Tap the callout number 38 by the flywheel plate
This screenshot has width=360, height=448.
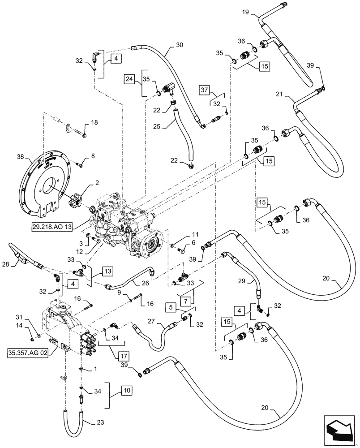tap(20, 157)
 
